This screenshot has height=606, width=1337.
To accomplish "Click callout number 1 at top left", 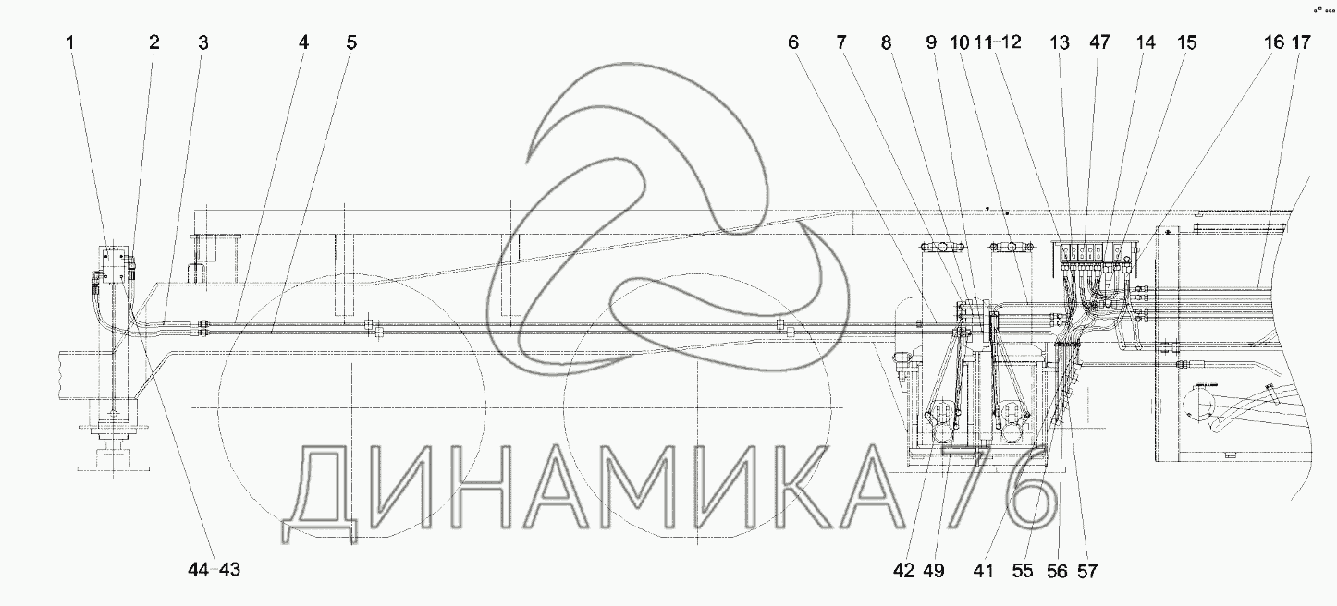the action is pyautogui.click(x=70, y=42).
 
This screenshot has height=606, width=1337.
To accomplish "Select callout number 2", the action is pyautogui.click(x=154, y=42).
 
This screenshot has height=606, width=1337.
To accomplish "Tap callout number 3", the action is pyautogui.click(x=202, y=42).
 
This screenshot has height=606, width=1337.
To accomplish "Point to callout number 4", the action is pyautogui.click(x=304, y=42).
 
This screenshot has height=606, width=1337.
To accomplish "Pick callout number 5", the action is pyautogui.click(x=351, y=42).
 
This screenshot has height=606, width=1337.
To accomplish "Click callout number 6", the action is pyautogui.click(x=793, y=42).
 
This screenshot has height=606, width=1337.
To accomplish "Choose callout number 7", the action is pyautogui.click(x=841, y=42).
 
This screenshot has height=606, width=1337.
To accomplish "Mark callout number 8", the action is pyautogui.click(x=886, y=42).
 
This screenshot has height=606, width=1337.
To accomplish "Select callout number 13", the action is pyautogui.click(x=1060, y=42).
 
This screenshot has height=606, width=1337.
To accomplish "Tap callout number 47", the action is pyautogui.click(x=1099, y=42).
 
